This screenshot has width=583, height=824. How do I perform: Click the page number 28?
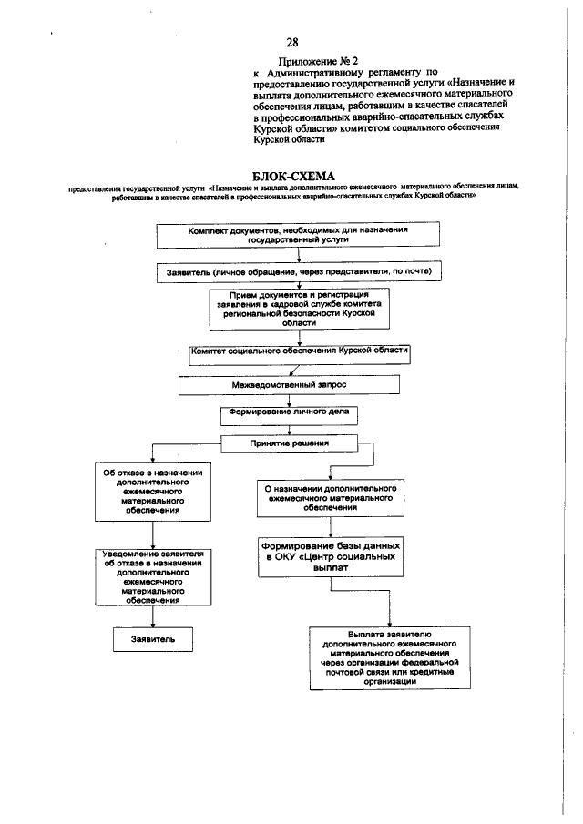tap(291, 43)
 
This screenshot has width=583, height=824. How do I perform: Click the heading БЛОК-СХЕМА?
tap(291, 175)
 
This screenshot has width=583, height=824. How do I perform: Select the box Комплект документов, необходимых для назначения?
tap(291, 235)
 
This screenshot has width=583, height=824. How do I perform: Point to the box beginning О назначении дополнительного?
tap(329, 496)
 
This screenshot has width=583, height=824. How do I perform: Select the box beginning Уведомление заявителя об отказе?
tap(152, 576)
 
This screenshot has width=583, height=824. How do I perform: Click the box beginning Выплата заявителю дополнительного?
tap(382, 656)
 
